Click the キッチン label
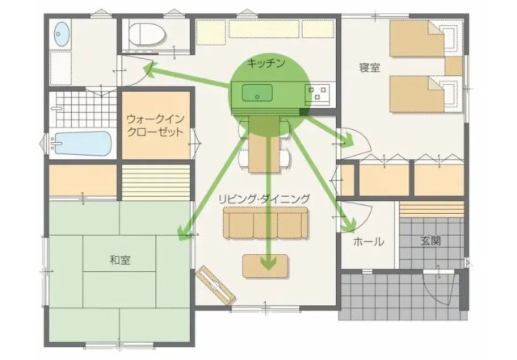click(x=266, y=63)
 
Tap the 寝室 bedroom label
click(x=369, y=68)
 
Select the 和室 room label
click(x=120, y=260)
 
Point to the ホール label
click(x=368, y=241)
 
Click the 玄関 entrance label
click(x=431, y=241)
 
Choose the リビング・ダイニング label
click(x=264, y=199)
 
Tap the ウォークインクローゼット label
click(x=155, y=125)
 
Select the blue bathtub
click(x=82, y=144)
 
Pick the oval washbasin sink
click(x=61, y=34)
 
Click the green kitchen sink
click(x=258, y=93)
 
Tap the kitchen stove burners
click(x=317, y=92)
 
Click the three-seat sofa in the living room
click(x=266, y=223)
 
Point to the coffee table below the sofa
click(x=266, y=266)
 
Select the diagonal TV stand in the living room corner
click(x=216, y=284)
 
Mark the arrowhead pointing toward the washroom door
click(x=149, y=70)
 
